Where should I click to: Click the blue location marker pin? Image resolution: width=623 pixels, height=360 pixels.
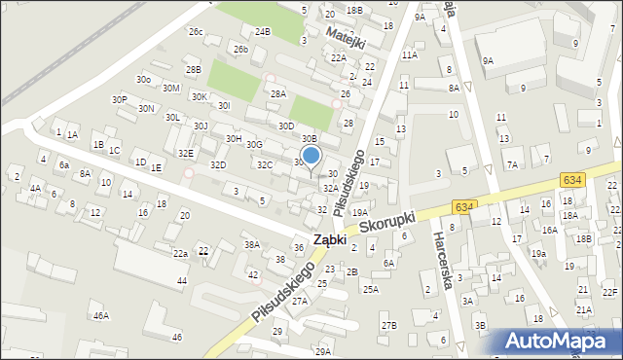click(x=311, y=156)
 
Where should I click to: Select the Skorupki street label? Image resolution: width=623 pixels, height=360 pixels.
click(x=387, y=224)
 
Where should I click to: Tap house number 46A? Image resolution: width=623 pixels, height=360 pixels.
click(x=100, y=316)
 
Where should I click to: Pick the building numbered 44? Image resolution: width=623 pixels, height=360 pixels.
click(x=181, y=281)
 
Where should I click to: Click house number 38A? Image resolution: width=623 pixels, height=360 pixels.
click(x=252, y=244)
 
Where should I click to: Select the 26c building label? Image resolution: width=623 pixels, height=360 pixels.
click(x=196, y=32)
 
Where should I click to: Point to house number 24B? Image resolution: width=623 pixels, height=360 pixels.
click(x=262, y=31)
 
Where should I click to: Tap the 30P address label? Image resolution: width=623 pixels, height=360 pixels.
click(x=119, y=99)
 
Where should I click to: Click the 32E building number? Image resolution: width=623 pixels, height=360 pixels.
click(x=186, y=154)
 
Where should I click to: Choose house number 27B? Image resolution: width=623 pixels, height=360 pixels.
click(x=388, y=325)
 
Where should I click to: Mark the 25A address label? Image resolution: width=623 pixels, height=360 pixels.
click(x=370, y=289)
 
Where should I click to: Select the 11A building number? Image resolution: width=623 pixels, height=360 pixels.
click(x=409, y=55)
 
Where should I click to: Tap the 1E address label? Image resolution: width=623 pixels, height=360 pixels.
click(x=156, y=167)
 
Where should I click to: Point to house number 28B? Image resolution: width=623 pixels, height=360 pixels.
click(x=194, y=69)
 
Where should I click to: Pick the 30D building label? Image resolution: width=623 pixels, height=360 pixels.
click(x=285, y=126)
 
